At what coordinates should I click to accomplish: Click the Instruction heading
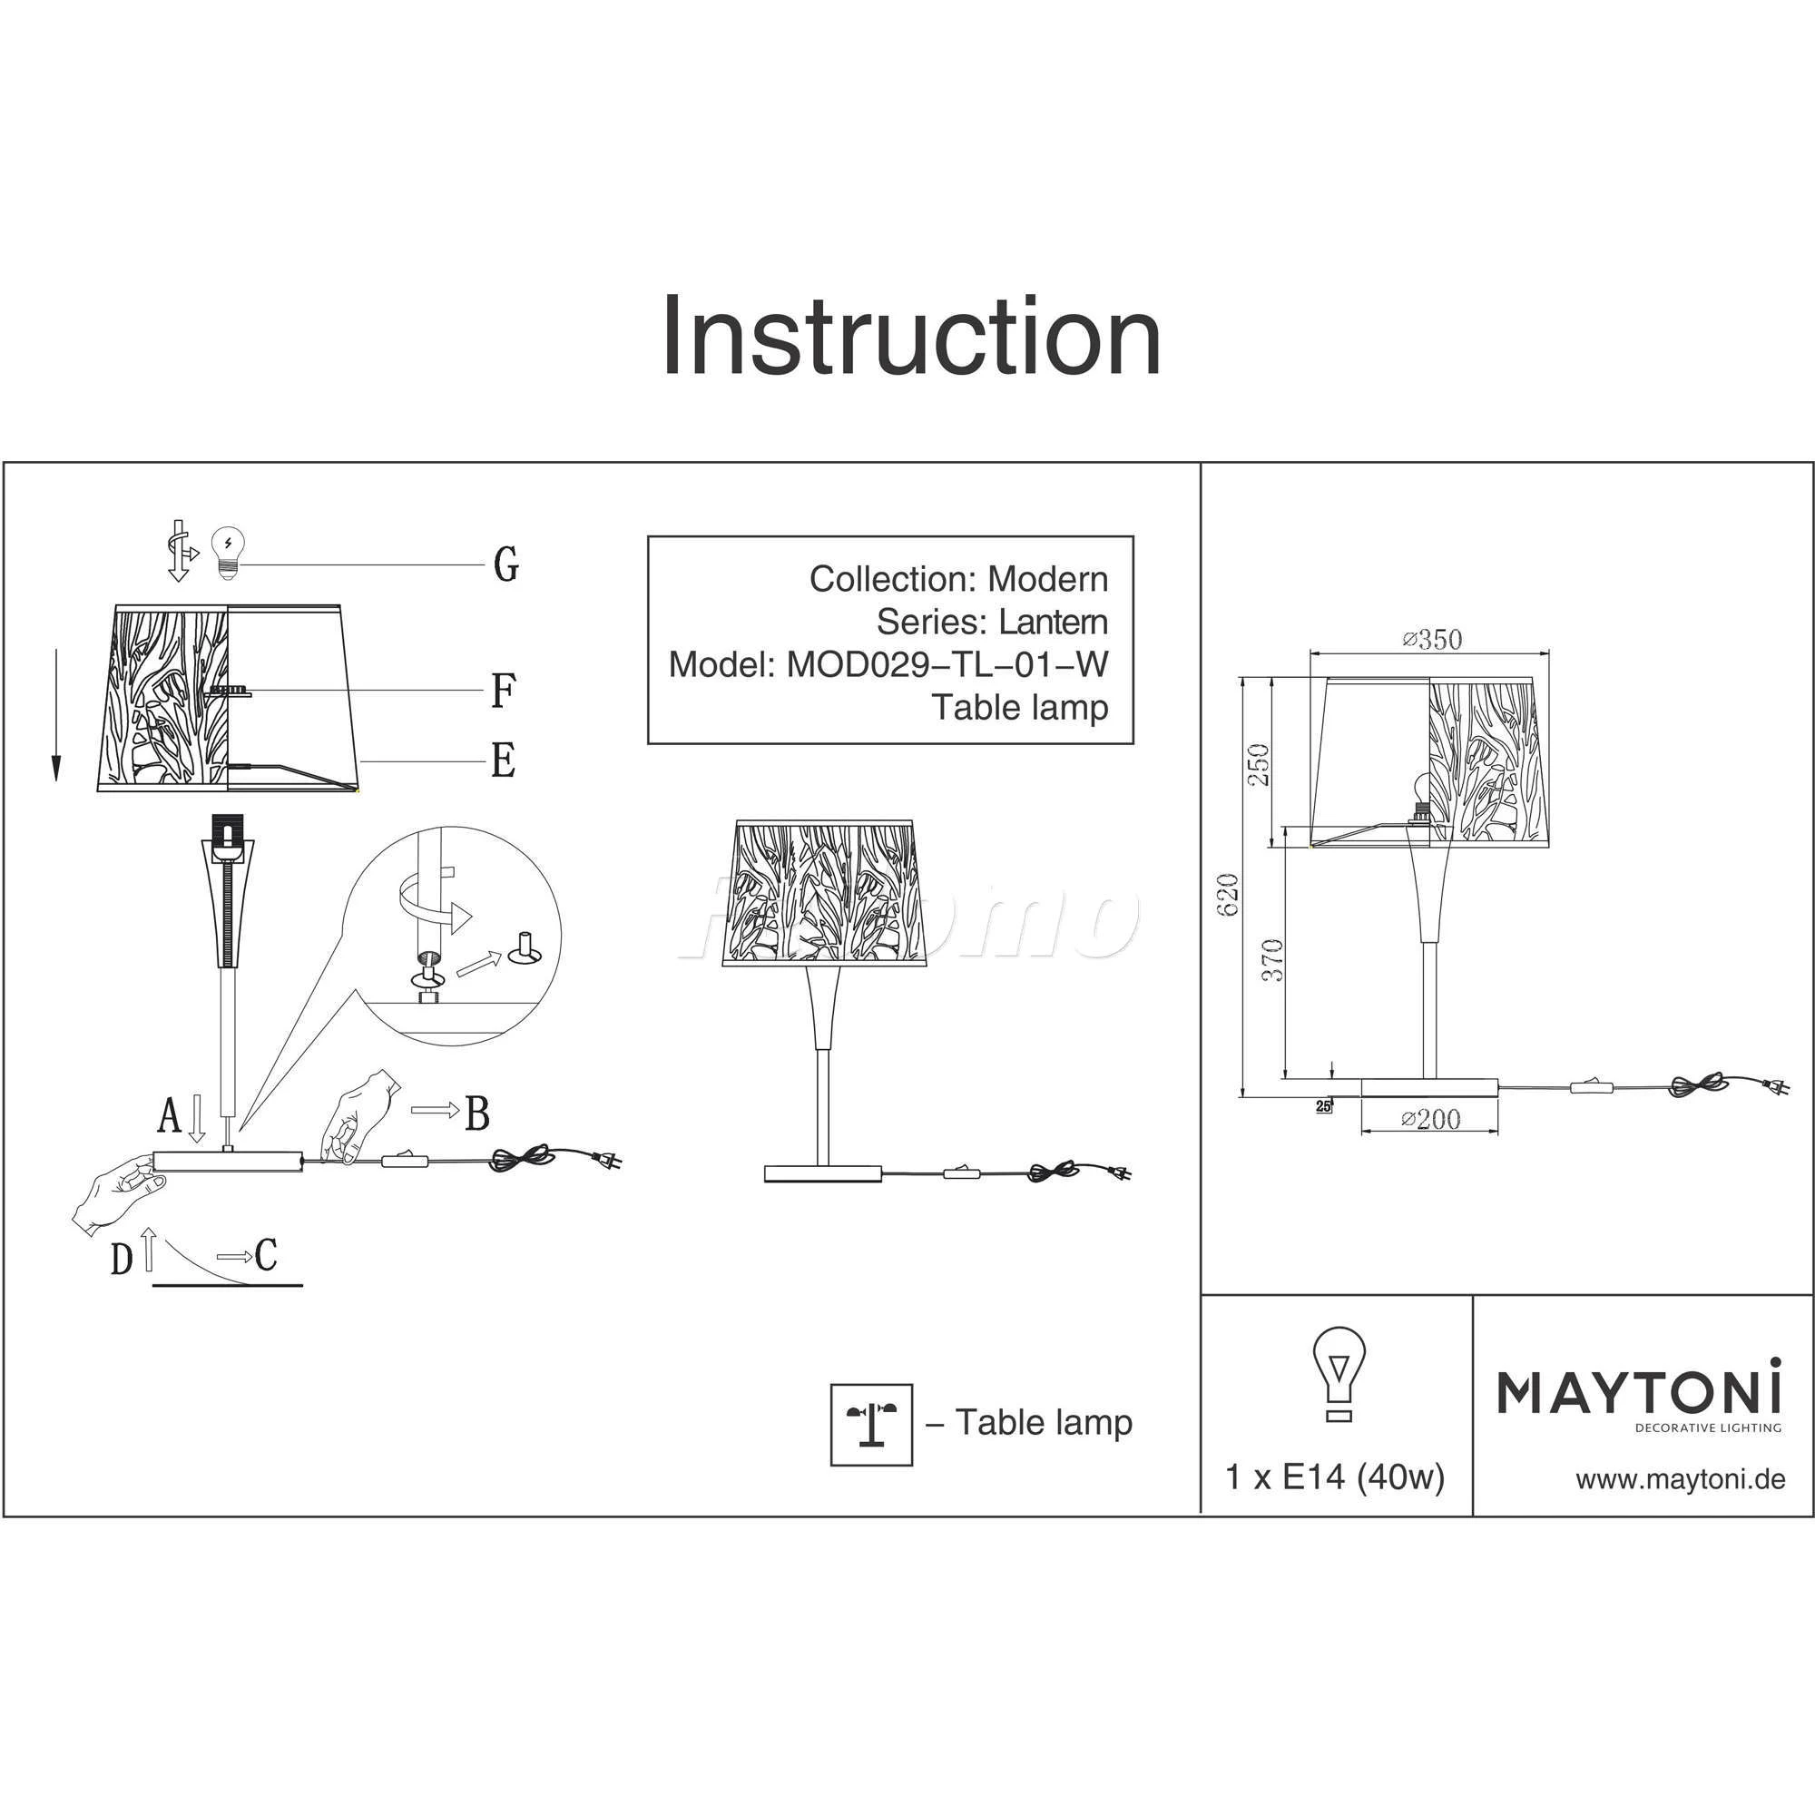(x=911, y=337)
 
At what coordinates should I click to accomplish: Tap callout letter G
(x=505, y=564)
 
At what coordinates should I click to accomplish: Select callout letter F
(x=504, y=692)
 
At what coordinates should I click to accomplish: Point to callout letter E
(x=504, y=760)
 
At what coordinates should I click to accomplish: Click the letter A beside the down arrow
(x=168, y=1117)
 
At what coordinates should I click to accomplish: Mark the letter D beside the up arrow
(x=122, y=1259)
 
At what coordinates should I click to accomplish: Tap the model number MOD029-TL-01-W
(x=947, y=665)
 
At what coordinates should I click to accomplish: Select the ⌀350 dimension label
(x=1432, y=640)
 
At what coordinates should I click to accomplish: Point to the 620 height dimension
(x=1228, y=895)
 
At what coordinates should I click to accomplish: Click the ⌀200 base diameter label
(x=1430, y=1119)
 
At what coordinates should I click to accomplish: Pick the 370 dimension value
(x=1272, y=961)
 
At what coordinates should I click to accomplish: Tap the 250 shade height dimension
(x=1259, y=765)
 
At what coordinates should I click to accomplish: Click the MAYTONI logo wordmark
(x=1638, y=1392)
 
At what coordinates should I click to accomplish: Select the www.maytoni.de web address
(x=1680, y=1479)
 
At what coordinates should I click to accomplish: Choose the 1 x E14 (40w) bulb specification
(x=1335, y=1477)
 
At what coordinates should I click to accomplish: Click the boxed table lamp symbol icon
(x=871, y=1424)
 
